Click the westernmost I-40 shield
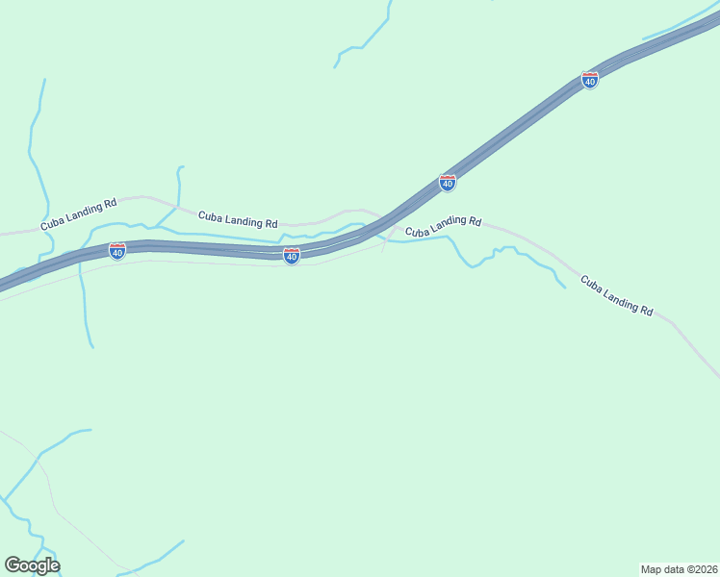click(x=117, y=251)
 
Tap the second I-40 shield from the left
click(x=292, y=255)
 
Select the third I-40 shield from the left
click(x=448, y=182)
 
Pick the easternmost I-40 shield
click(x=590, y=81)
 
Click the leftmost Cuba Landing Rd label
click(x=78, y=213)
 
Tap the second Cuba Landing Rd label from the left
click(x=238, y=219)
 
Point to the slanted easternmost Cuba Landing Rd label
click(x=617, y=295)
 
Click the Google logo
click(x=32, y=565)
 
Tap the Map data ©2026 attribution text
click(x=679, y=568)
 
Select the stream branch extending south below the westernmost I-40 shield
click(x=86, y=308)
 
